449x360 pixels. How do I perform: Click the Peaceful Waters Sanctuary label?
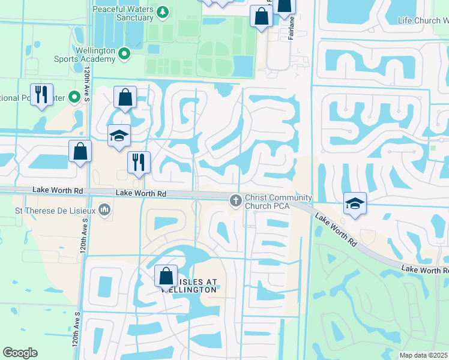[x=124, y=13]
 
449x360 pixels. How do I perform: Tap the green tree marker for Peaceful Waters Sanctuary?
[x=162, y=12]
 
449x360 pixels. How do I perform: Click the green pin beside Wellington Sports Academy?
[x=125, y=54]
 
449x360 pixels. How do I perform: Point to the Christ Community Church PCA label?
[x=278, y=202]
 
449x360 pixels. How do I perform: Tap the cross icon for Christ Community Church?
[x=235, y=200]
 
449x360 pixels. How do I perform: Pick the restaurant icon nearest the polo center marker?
[x=41, y=95]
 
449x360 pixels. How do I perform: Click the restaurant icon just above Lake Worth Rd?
[x=139, y=163]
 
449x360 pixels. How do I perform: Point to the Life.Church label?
[x=423, y=20]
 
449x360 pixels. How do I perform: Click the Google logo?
[x=20, y=353]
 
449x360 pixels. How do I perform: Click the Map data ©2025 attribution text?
[x=424, y=355]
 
